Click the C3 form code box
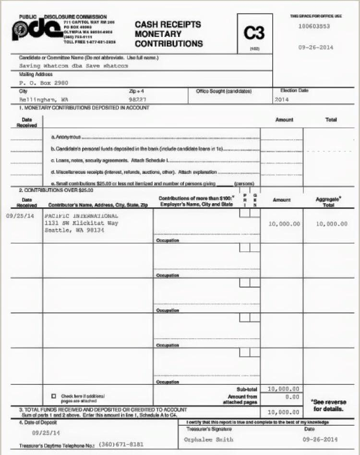(254, 34)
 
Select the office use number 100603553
(314, 26)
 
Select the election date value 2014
(282, 99)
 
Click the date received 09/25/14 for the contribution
(20, 216)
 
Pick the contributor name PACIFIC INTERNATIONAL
(81, 216)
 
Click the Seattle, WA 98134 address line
(74, 230)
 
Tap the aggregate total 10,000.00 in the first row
(332, 224)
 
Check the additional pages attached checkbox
(54, 396)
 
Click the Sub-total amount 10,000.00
(283, 389)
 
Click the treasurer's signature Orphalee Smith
(209, 439)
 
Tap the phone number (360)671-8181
(123, 445)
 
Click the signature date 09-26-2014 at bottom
(320, 439)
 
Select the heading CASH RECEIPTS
(168, 24)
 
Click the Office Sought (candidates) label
(224, 91)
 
